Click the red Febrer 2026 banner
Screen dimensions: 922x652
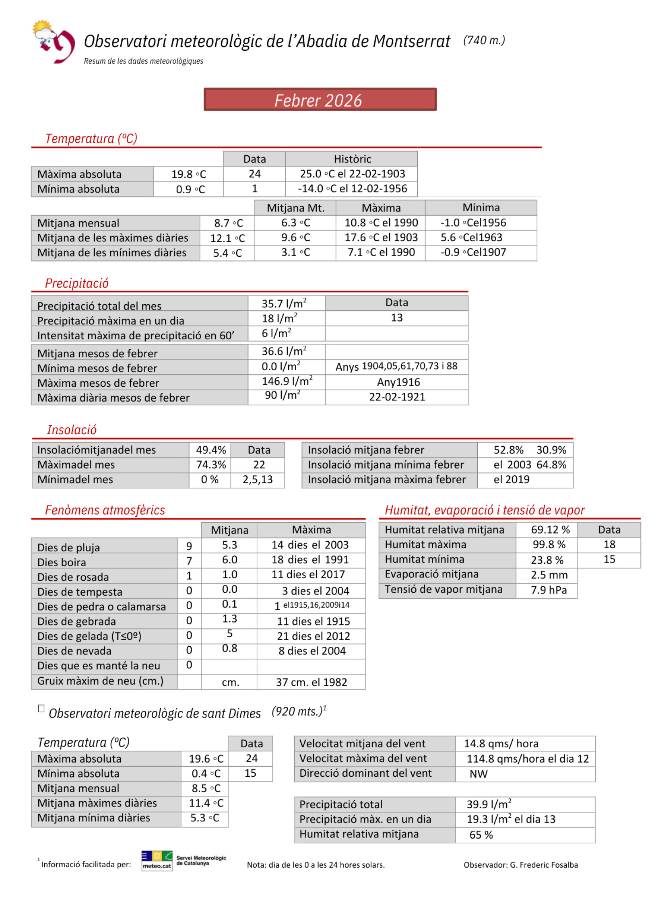(x=320, y=99)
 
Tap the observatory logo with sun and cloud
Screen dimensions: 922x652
(x=53, y=41)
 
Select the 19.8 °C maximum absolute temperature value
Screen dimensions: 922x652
(x=188, y=174)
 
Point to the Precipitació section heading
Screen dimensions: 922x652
(x=76, y=283)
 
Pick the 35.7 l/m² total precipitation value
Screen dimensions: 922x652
(x=284, y=303)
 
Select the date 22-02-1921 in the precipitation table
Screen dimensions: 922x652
(x=397, y=397)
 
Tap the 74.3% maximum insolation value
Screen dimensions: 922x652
(x=210, y=465)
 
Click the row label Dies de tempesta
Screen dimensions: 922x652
(x=80, y=592)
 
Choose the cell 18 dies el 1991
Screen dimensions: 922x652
(x=310, y=560)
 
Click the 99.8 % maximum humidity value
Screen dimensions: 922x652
(x=549, y=545)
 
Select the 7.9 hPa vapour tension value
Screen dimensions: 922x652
(x=549, y=590)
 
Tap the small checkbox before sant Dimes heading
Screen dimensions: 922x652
(x=41, y=709)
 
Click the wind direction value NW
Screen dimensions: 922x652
(x=478, y=774)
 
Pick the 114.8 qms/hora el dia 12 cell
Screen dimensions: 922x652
(x=527, y=759)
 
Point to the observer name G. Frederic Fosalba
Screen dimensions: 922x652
(x=543, y=865)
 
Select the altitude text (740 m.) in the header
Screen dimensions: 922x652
(x=484, y=40)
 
